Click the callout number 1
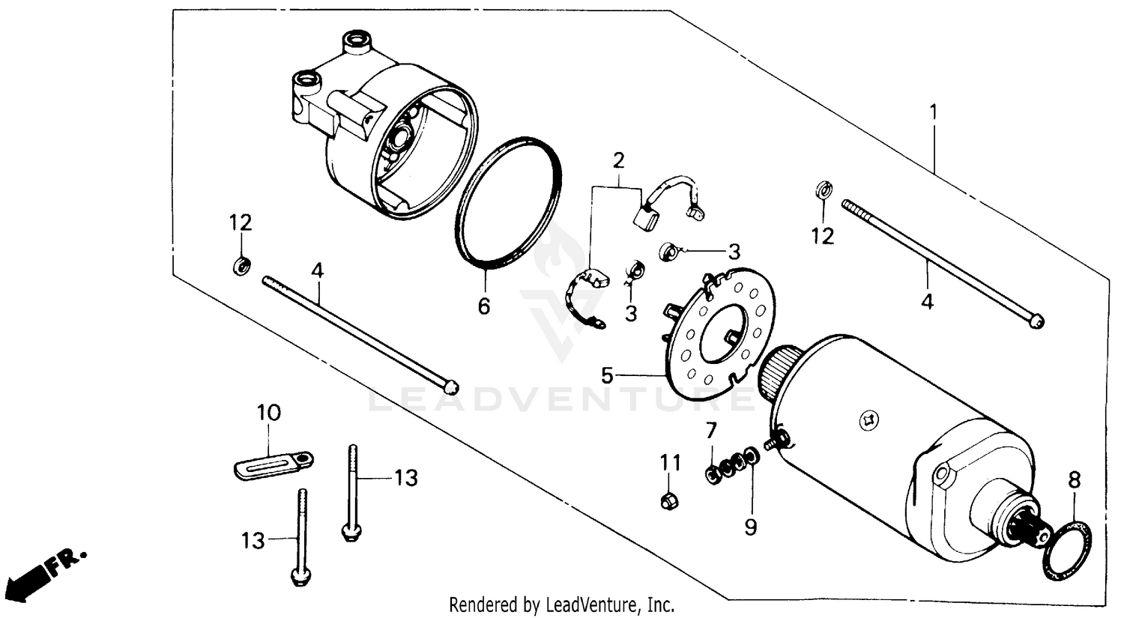pos(934,113)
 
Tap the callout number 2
pos(618,160)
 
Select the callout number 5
pos(608,375)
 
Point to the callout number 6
pos(484,306)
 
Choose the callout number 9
pos(750,527)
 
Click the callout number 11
pos(670,463)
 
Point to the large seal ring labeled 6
pos(509,203)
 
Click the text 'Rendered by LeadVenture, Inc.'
pos(561,605)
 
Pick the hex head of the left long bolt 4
pos(450,387)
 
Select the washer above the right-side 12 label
pos(821,190)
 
